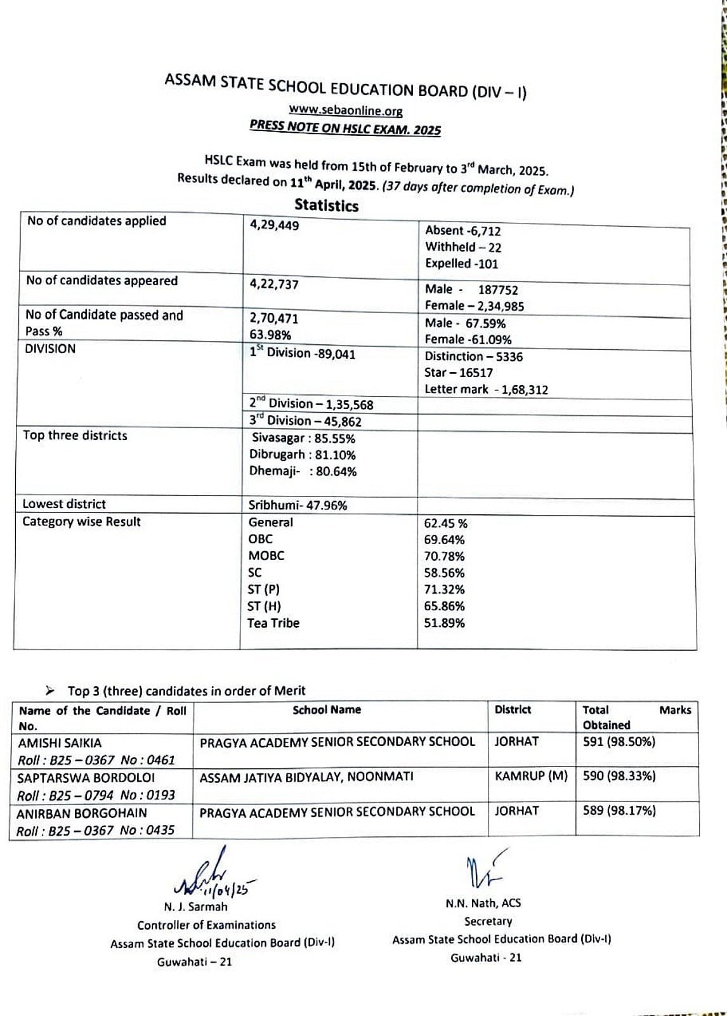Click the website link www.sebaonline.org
point(346,110)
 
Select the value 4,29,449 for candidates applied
point(274,225)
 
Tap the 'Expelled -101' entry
point(461,264)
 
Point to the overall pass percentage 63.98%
point(270,335)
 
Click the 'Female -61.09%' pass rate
point(468,340)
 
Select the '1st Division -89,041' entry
point(302,354)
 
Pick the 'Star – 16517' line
point(458,373)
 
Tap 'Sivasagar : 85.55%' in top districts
point(303,438)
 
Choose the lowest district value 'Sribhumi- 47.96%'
point(298,505)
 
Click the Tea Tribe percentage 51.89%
point(444,623)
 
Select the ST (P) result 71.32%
point(444,589)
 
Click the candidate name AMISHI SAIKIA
point(60,743)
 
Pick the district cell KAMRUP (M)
point(530,776)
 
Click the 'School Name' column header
point(327,710)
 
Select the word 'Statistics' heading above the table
point(326,205)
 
